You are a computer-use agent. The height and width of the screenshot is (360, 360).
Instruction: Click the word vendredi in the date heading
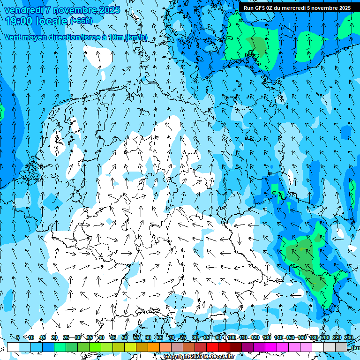coord(23,10)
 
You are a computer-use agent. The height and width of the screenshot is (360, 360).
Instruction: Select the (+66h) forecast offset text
coord(81,21)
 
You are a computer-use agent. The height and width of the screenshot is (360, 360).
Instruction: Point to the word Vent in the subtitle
coord(13,37)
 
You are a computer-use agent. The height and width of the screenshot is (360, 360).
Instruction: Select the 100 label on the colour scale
coord(231,337)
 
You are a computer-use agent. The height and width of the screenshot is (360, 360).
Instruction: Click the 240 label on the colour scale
coord(348,337)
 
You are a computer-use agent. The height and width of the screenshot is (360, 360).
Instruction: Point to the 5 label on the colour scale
coord(18,337)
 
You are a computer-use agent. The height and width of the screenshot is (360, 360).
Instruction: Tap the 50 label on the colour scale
coord(124,337)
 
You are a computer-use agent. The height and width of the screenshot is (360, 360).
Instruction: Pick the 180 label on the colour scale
coord(313,337)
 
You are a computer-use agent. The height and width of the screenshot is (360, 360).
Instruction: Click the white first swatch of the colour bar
coord(13,347)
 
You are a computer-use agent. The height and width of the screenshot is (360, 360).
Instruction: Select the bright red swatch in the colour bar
coord(213,347)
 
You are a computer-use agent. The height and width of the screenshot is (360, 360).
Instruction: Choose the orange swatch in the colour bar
coord(154,347)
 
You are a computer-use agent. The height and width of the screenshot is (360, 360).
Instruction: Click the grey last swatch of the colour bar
coord(341,347)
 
